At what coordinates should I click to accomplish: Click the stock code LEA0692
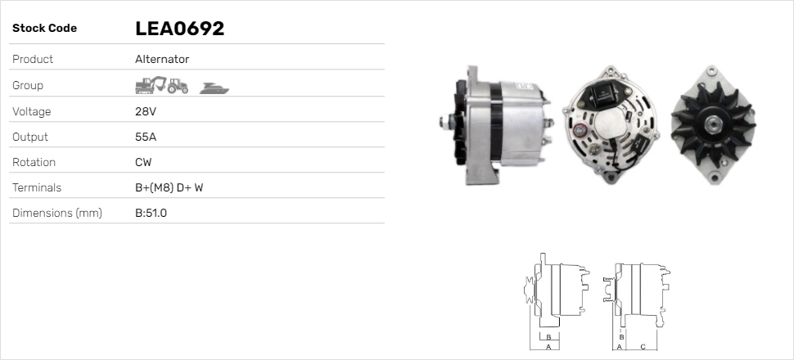tap(179, 29)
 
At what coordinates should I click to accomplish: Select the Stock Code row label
tap(44, 29)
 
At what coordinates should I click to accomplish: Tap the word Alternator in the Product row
tap(161, 60)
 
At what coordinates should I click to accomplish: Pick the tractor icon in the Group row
tap(178, 85)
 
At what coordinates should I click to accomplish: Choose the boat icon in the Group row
tap(214, 87)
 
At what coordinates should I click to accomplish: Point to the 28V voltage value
tap(146, 111)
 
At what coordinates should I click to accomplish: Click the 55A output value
tap(146, 137)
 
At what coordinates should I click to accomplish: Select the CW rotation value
tap(143, 162)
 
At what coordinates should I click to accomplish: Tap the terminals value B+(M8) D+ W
tap(169, 187)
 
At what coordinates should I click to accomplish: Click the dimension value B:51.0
tap(151, 214)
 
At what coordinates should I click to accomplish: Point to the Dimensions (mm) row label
tap(56, 214)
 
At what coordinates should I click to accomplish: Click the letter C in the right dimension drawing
tap(643, 347)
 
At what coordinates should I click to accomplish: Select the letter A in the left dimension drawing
tap(547, 347)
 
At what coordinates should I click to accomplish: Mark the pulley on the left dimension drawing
tap(530, 291)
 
